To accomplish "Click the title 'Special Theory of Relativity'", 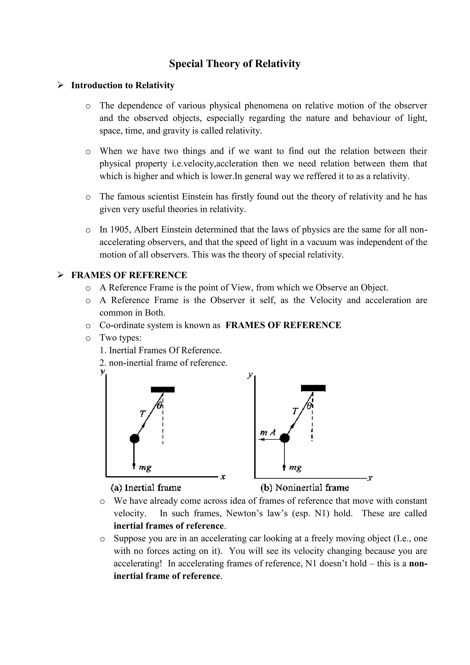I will [x=235, y=64].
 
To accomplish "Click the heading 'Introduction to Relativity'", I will [x=123, y=85].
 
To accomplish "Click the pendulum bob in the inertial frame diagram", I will [x=134, y=439].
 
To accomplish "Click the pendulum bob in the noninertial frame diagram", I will [x=285, y=438].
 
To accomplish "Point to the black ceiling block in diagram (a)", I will [x=163, y=389].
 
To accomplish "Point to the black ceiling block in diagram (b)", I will [x=313, y=388].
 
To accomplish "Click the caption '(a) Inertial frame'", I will [x=146, y=488].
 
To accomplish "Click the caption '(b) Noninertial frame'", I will [x=305, y=488].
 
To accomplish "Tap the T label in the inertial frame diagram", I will [x=142, y=413].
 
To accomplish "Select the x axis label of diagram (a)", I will [x=223, y=476].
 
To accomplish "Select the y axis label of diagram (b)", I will [x=250, y=375].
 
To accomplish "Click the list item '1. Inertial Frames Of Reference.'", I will [x=161, y=350].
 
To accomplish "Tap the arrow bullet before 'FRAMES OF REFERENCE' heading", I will [x=60, y=275].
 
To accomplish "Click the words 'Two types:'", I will [x=120, y=338].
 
